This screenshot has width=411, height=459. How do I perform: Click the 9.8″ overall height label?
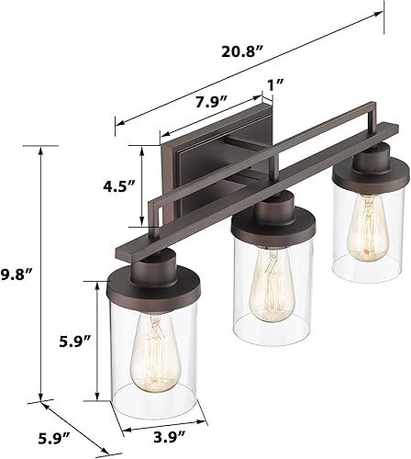tap(17, 274)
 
